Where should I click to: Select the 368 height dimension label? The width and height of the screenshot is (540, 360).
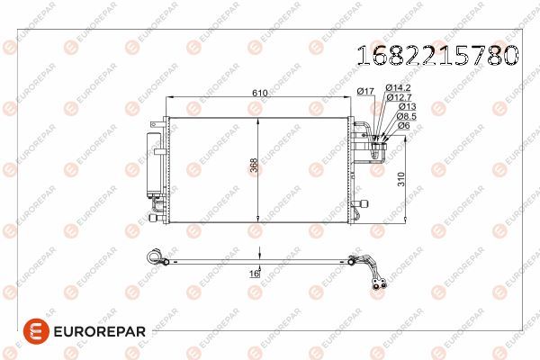252,168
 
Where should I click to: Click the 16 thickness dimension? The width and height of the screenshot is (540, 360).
254,272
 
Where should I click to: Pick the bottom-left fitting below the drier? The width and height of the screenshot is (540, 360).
158,216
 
